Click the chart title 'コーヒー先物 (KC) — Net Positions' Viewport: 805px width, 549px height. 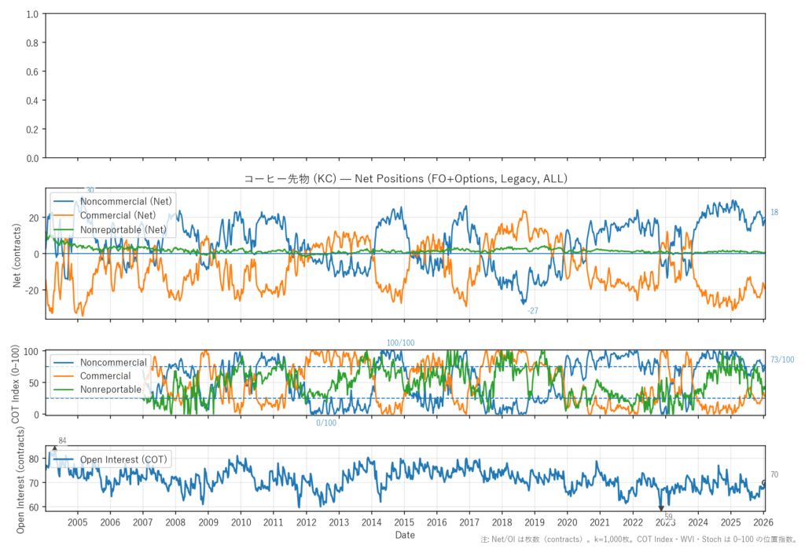[405, 179]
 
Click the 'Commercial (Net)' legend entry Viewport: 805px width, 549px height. [118, 215]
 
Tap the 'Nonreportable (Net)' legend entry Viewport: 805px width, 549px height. [123, 229]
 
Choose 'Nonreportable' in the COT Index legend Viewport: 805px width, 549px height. [111, 390]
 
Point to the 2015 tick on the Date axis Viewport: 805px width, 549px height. [404, 522]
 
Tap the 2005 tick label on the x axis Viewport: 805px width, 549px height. [77, 522]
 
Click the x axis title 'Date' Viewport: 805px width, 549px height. [405, 535]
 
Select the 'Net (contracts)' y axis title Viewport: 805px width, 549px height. [17, 254]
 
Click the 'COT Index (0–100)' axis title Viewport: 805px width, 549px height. [17, 382]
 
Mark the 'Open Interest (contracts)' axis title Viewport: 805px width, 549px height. [17, 478]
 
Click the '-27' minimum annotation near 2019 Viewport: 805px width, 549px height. [533, 311]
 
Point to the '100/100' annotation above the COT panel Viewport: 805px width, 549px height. [400, 343]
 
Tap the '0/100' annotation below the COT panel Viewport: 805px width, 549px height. [326, 423]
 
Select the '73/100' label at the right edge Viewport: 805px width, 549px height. [782, 360]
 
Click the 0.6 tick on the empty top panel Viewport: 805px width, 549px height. [32, 72]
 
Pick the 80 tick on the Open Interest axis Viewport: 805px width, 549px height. [35, 459]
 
